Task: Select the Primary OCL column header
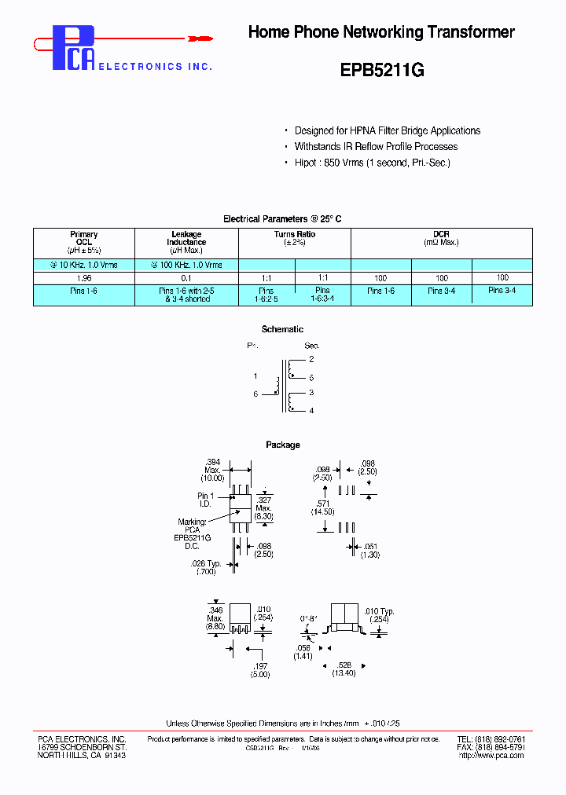84,242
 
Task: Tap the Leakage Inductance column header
186,242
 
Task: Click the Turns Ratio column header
294,238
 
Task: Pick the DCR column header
441,238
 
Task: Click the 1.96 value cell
84,278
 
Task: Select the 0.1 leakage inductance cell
186,278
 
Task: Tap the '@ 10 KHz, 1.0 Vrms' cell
84,265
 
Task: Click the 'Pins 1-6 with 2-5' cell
186,295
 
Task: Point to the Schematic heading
282,329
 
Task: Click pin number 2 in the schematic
311,359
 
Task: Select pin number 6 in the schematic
255,394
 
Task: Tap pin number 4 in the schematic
311,410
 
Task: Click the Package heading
282,445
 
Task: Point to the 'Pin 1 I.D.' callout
206,500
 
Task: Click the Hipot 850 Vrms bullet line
372,163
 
